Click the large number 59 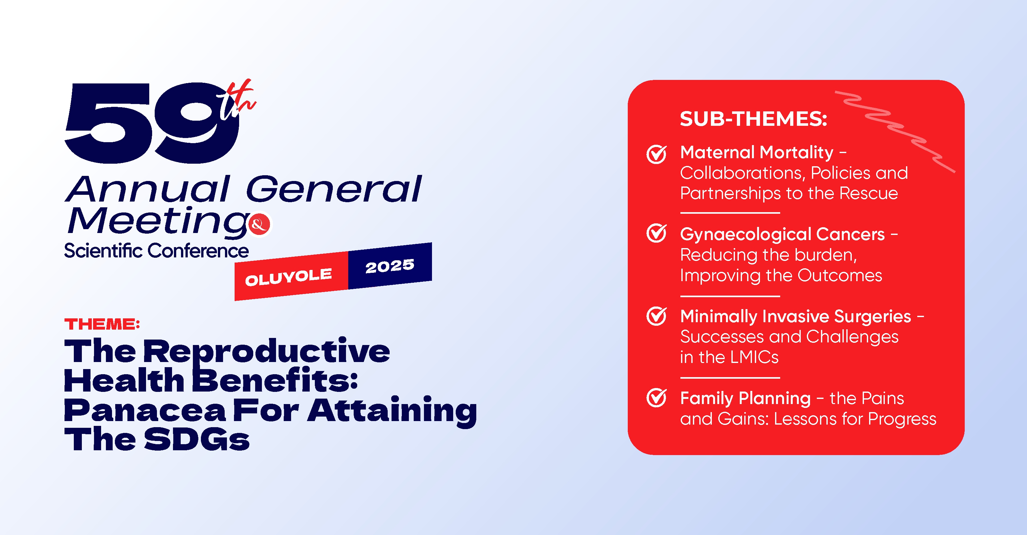tap(151, 123)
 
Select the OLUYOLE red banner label tap(288, 277)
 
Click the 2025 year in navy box tap(390, 266)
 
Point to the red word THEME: tap(102, 324)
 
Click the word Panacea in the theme tap(145, 410)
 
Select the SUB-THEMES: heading tap(754, 119)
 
